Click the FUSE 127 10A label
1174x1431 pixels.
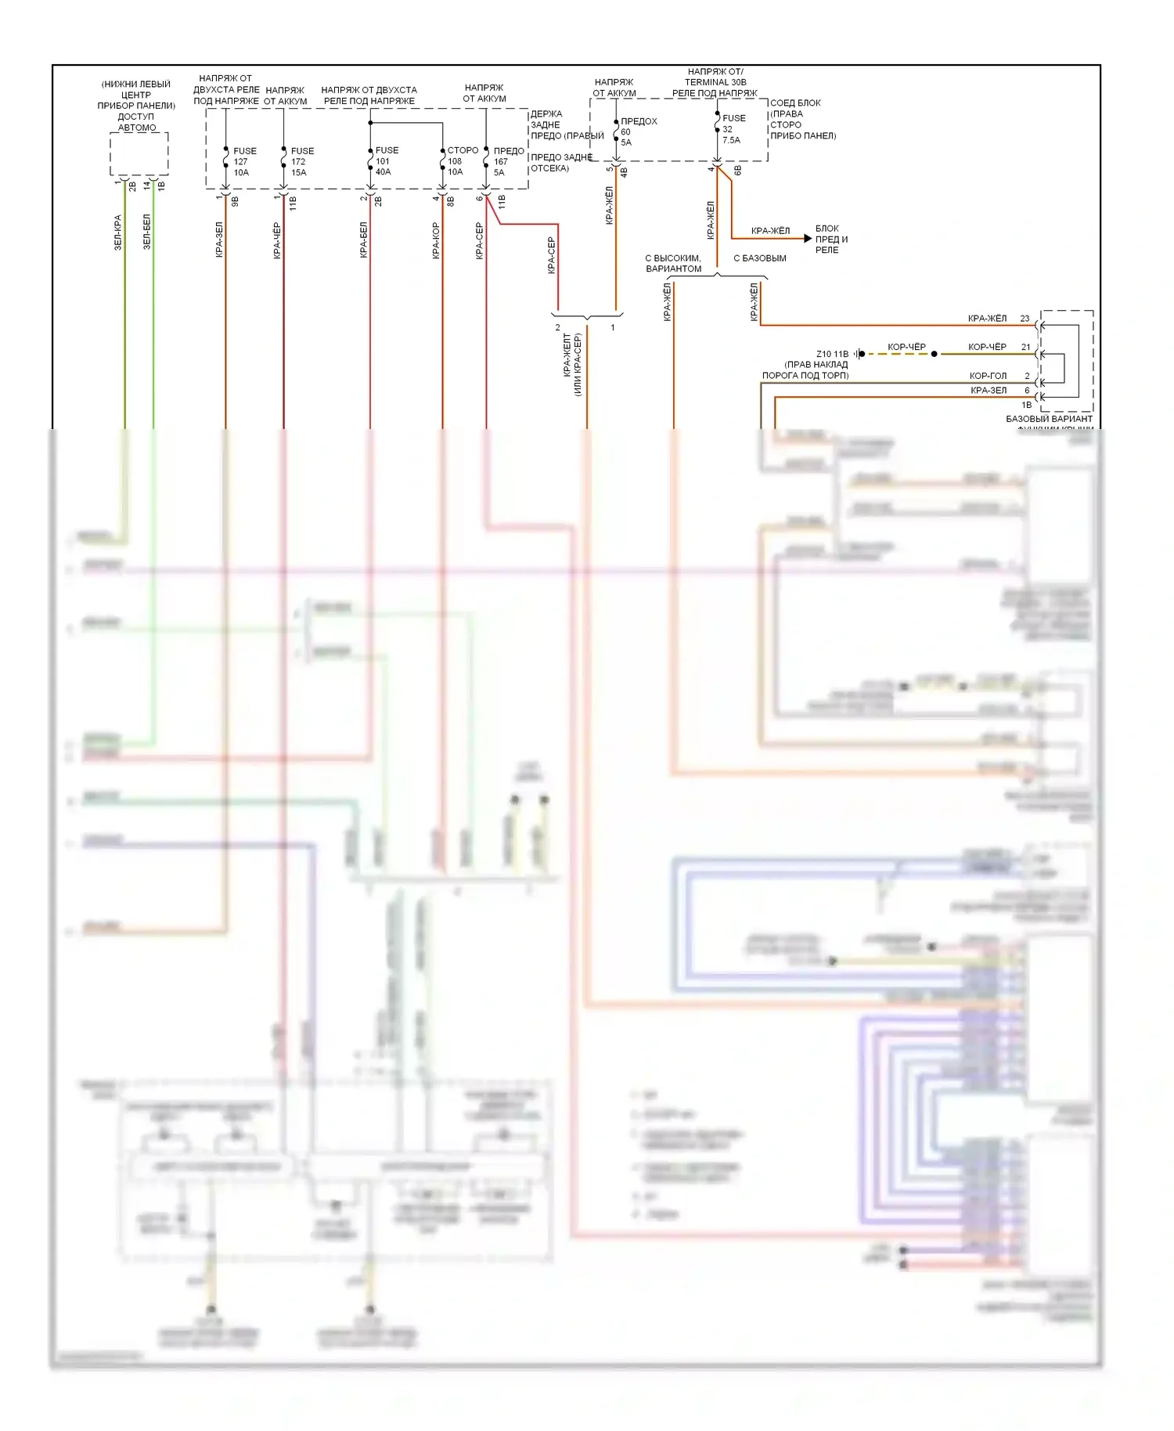point(243,161)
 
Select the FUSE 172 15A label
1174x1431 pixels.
point(301,161)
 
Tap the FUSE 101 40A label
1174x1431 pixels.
point(386,160)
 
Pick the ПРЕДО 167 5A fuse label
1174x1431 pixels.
point(507,161)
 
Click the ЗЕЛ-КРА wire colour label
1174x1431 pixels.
point(118,232)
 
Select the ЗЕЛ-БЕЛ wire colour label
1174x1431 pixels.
point(146,232)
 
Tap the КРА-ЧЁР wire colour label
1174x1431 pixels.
point(277,240)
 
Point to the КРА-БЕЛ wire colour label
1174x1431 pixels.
point(363,240)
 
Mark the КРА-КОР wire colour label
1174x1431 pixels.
point(436,240)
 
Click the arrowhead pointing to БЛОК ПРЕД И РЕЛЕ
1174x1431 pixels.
point(807,238)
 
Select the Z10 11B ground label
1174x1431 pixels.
point(832,354)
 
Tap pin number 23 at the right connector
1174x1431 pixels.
point(1025,319)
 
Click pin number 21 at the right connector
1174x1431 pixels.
point(1025,347)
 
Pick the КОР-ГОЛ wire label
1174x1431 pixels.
point(988,376)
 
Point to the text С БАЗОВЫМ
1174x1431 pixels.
point(759,258)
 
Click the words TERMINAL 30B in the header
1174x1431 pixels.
point(715,82)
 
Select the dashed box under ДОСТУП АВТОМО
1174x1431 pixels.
point(139,153)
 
